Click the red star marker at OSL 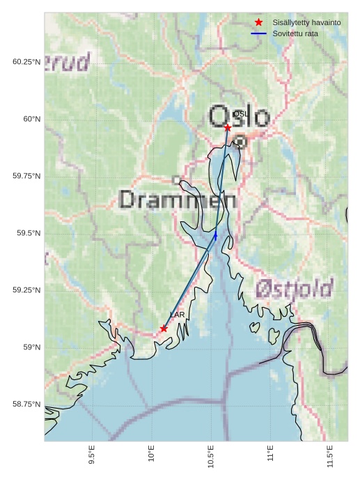tap(228, 127)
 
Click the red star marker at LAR tap(164, 329)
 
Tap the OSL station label tap(240, 113)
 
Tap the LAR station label tap(178, 315)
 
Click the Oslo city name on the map tap(239, 116)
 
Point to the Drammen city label tap(178, 200)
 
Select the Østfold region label tap(293, 287)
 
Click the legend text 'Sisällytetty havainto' tap(306, 23)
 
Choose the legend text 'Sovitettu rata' tap(295, 33)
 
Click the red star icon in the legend tap(258, 23)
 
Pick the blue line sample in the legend tap(258, 33)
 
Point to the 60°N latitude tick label tap(31, 119)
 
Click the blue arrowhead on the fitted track tap(216, 235)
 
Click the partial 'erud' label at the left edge tap(68, 63)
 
